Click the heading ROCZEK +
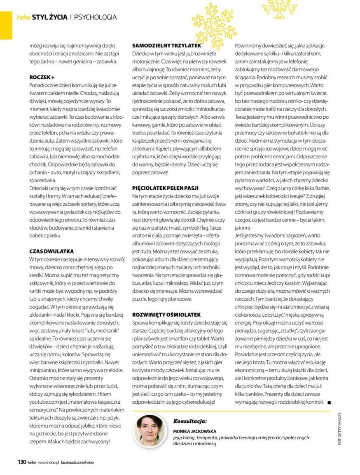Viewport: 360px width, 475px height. [42, 77]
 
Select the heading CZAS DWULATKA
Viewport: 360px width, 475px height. [51, 251]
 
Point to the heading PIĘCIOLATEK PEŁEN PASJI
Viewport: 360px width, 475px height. [168, 187]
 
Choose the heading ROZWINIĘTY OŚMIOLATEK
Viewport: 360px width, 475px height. [166, 314]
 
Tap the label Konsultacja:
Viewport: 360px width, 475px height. [190, 421]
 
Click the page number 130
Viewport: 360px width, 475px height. [21, 462]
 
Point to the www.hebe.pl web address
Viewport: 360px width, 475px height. [49, 463]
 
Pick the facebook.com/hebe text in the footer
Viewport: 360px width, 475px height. [77, 463]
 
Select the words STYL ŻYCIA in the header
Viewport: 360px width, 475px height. [49, 17]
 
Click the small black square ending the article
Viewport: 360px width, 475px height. [329, 402]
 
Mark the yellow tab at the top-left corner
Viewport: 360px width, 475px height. [6, 25]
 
